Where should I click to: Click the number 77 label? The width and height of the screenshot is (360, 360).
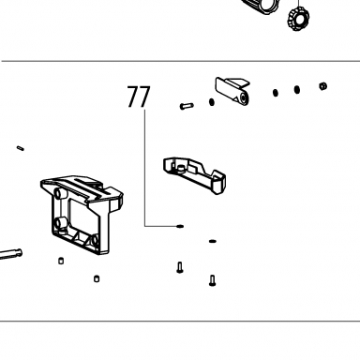(x=139, y=97)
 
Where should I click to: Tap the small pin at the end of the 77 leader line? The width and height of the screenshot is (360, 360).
(x=180, y=226)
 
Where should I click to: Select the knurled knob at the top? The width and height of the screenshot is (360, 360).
(x=298, y=19)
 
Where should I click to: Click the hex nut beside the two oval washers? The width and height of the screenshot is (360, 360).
(x=322, y=86)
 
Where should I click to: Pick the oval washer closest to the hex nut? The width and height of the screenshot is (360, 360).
(x=297, y=90)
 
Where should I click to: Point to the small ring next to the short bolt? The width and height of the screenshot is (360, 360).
(x=212, y=102)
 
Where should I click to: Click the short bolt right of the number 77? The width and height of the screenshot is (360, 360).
(x=187, y=106)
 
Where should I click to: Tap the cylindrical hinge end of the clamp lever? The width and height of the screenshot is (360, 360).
(x=243, y=98)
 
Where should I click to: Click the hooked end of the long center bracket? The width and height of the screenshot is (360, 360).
(x=218, y=181)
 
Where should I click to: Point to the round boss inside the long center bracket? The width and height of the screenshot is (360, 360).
(x=180, y=169)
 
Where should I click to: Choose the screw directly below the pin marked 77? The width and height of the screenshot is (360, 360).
(x=179, y=267)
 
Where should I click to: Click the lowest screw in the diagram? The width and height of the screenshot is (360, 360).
(x=212, y=280)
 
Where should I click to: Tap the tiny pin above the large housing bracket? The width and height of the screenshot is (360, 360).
(x=21, y=148)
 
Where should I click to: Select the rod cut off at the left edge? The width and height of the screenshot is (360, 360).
(x=10, y=254)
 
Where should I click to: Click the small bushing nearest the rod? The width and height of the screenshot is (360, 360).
(x=61, y=261)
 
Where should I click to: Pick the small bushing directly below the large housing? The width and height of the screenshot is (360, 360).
(x=97, y=278)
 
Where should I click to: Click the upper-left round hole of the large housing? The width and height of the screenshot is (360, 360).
(x=58, y=194)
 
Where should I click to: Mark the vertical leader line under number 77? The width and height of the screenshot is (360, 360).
(x=144, y=168)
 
